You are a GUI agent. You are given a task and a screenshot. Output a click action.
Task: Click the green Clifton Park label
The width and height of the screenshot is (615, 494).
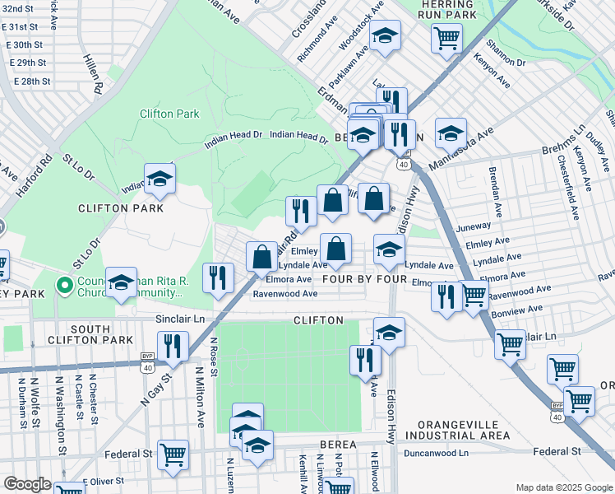pos(169,114)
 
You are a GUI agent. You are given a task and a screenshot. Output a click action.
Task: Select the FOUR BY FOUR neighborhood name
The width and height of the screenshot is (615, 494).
pos(365,280)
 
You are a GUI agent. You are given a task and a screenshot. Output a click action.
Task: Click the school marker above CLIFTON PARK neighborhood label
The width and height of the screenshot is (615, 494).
pos(160,179)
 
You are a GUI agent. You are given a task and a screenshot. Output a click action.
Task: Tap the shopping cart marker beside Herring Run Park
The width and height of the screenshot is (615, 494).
pos(446,38)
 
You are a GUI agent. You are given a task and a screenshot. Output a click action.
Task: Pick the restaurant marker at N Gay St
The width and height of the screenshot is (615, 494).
pos(173,347)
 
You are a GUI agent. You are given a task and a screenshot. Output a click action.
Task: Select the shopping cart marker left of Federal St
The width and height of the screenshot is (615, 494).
pos(173,454)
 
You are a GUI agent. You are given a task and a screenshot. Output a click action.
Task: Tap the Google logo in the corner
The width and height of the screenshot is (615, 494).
pos(27,484)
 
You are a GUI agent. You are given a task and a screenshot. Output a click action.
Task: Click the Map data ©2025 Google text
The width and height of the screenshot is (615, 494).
pos(562,487)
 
